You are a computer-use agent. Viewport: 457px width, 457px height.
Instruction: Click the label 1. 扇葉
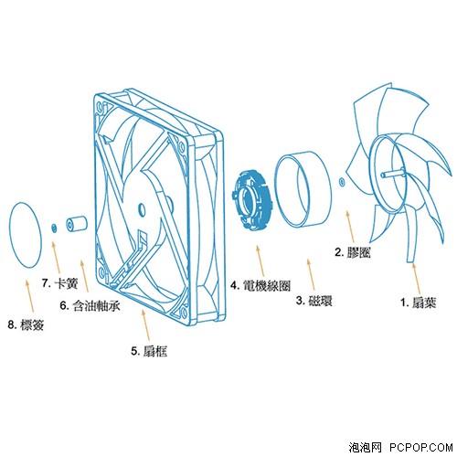pyautogui.click(x=419, y=303)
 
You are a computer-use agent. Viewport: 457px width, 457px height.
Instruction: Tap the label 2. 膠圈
pyautogui.click(x=353, y=252)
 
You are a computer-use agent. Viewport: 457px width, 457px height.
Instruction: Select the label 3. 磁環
pyautogui.click(x=314, y=301)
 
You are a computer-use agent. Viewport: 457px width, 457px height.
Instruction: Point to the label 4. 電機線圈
pyautogui.click(x=260, y=285)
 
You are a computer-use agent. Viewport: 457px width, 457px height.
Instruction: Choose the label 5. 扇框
pyautogui.click(x=149, y=351)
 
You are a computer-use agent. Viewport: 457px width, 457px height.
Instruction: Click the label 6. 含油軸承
pyautogui.click(x=90, y=305)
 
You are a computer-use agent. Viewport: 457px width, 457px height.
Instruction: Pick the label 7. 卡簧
pyautogui.click(x=60, y=283)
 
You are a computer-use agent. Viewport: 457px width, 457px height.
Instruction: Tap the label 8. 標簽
pyautogui.click(x=26, y=324)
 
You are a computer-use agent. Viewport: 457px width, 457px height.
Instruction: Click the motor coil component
pyautogui.click(x=251, y=200)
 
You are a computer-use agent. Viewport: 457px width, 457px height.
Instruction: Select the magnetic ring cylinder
pyautogui.click(x=303, y=189)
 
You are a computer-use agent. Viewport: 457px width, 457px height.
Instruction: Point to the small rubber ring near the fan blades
pyautogui.click(x=342, y=182)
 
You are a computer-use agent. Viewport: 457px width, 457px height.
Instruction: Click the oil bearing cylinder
pyautogui.click(x=77, y=224)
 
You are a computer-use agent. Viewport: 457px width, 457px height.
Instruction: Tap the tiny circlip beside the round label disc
pyautogui.click(x=54, y=228)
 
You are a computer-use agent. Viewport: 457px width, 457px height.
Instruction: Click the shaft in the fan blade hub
pyautogui.click(x=392, y=174)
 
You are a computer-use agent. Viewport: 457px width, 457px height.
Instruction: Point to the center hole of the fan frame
pyautogui.click(x=142, y=210)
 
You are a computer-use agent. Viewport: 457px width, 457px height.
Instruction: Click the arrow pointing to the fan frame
pyautogui.click(x=146, y=325)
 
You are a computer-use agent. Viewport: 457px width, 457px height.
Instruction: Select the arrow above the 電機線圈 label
pyautogui.click(x=260, y=261)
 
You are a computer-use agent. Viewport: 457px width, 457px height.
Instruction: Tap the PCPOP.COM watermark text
pyautogui.click(x=421, y=448)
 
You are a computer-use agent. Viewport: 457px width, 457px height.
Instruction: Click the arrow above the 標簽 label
pyautogui.click(x=29, y=296)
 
